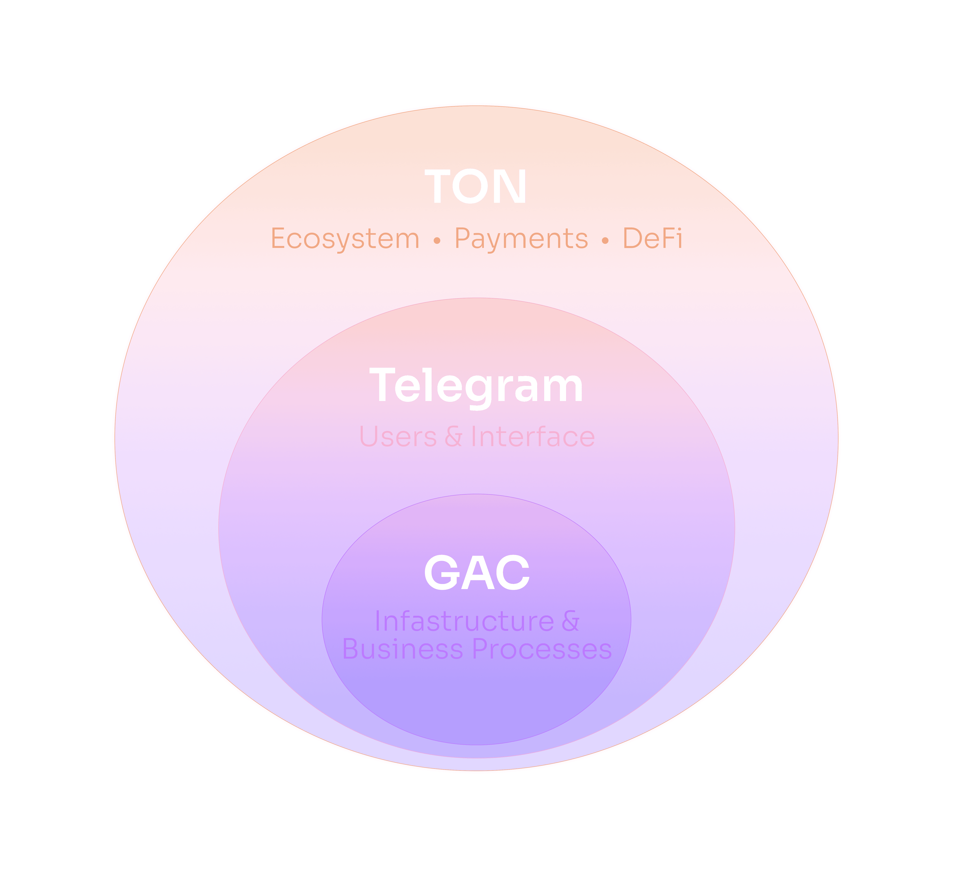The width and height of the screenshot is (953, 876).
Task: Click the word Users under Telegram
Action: (398, 437)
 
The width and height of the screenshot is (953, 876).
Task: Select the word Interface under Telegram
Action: (533, 437)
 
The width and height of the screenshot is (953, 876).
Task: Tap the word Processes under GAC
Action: (542, 649)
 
